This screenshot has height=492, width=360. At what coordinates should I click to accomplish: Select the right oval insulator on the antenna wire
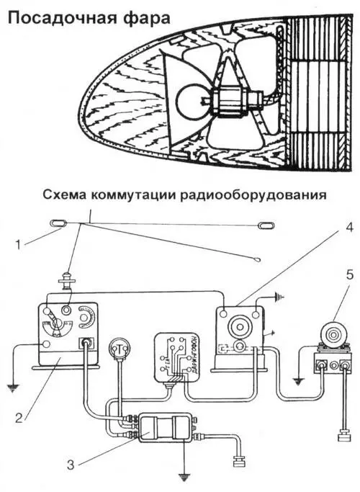coord(266,227)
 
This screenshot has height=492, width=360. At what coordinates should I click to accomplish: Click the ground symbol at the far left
coord(12,386)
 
